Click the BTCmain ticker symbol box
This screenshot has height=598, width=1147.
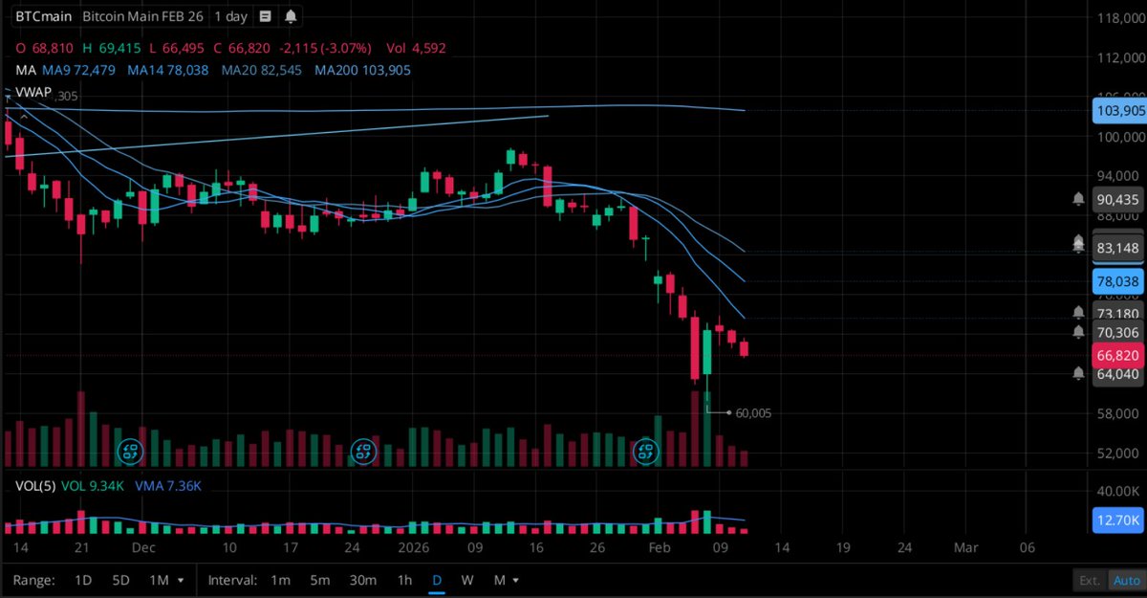pyautogui.click(x=40, y=17)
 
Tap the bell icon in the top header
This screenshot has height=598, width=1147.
pyautogui.click(x=291, y=17)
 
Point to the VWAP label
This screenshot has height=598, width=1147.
pyautogui.click(x=34, y=92)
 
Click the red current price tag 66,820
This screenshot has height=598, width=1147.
pyautogui.click(x=1117, y=355)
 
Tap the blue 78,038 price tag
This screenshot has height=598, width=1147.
pyautogui.click(x=1117, y=281)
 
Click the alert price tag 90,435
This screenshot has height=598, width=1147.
pyautogui.click(x=1117, y=199)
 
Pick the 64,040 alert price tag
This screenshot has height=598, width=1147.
pyautogui.click(x=1117, y=374)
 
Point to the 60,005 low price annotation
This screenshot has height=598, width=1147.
pyautogui.click(x=753, y=413)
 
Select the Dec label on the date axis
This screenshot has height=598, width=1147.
pyautogui.click(x=143, y=548)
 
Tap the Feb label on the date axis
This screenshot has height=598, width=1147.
pyautogui.click(x=660, y=548)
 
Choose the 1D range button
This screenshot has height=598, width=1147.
pyautogui.click(x=83, y=580)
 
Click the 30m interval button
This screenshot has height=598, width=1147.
pyautogui.click(x=362, y=580)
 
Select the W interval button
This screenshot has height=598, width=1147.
pyautogui.click(x=466, y=580)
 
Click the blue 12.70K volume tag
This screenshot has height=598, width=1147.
pyautogui.click(x=1117, y=520)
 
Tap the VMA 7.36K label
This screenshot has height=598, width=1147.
pyautogui.click(x=168, y=486)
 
